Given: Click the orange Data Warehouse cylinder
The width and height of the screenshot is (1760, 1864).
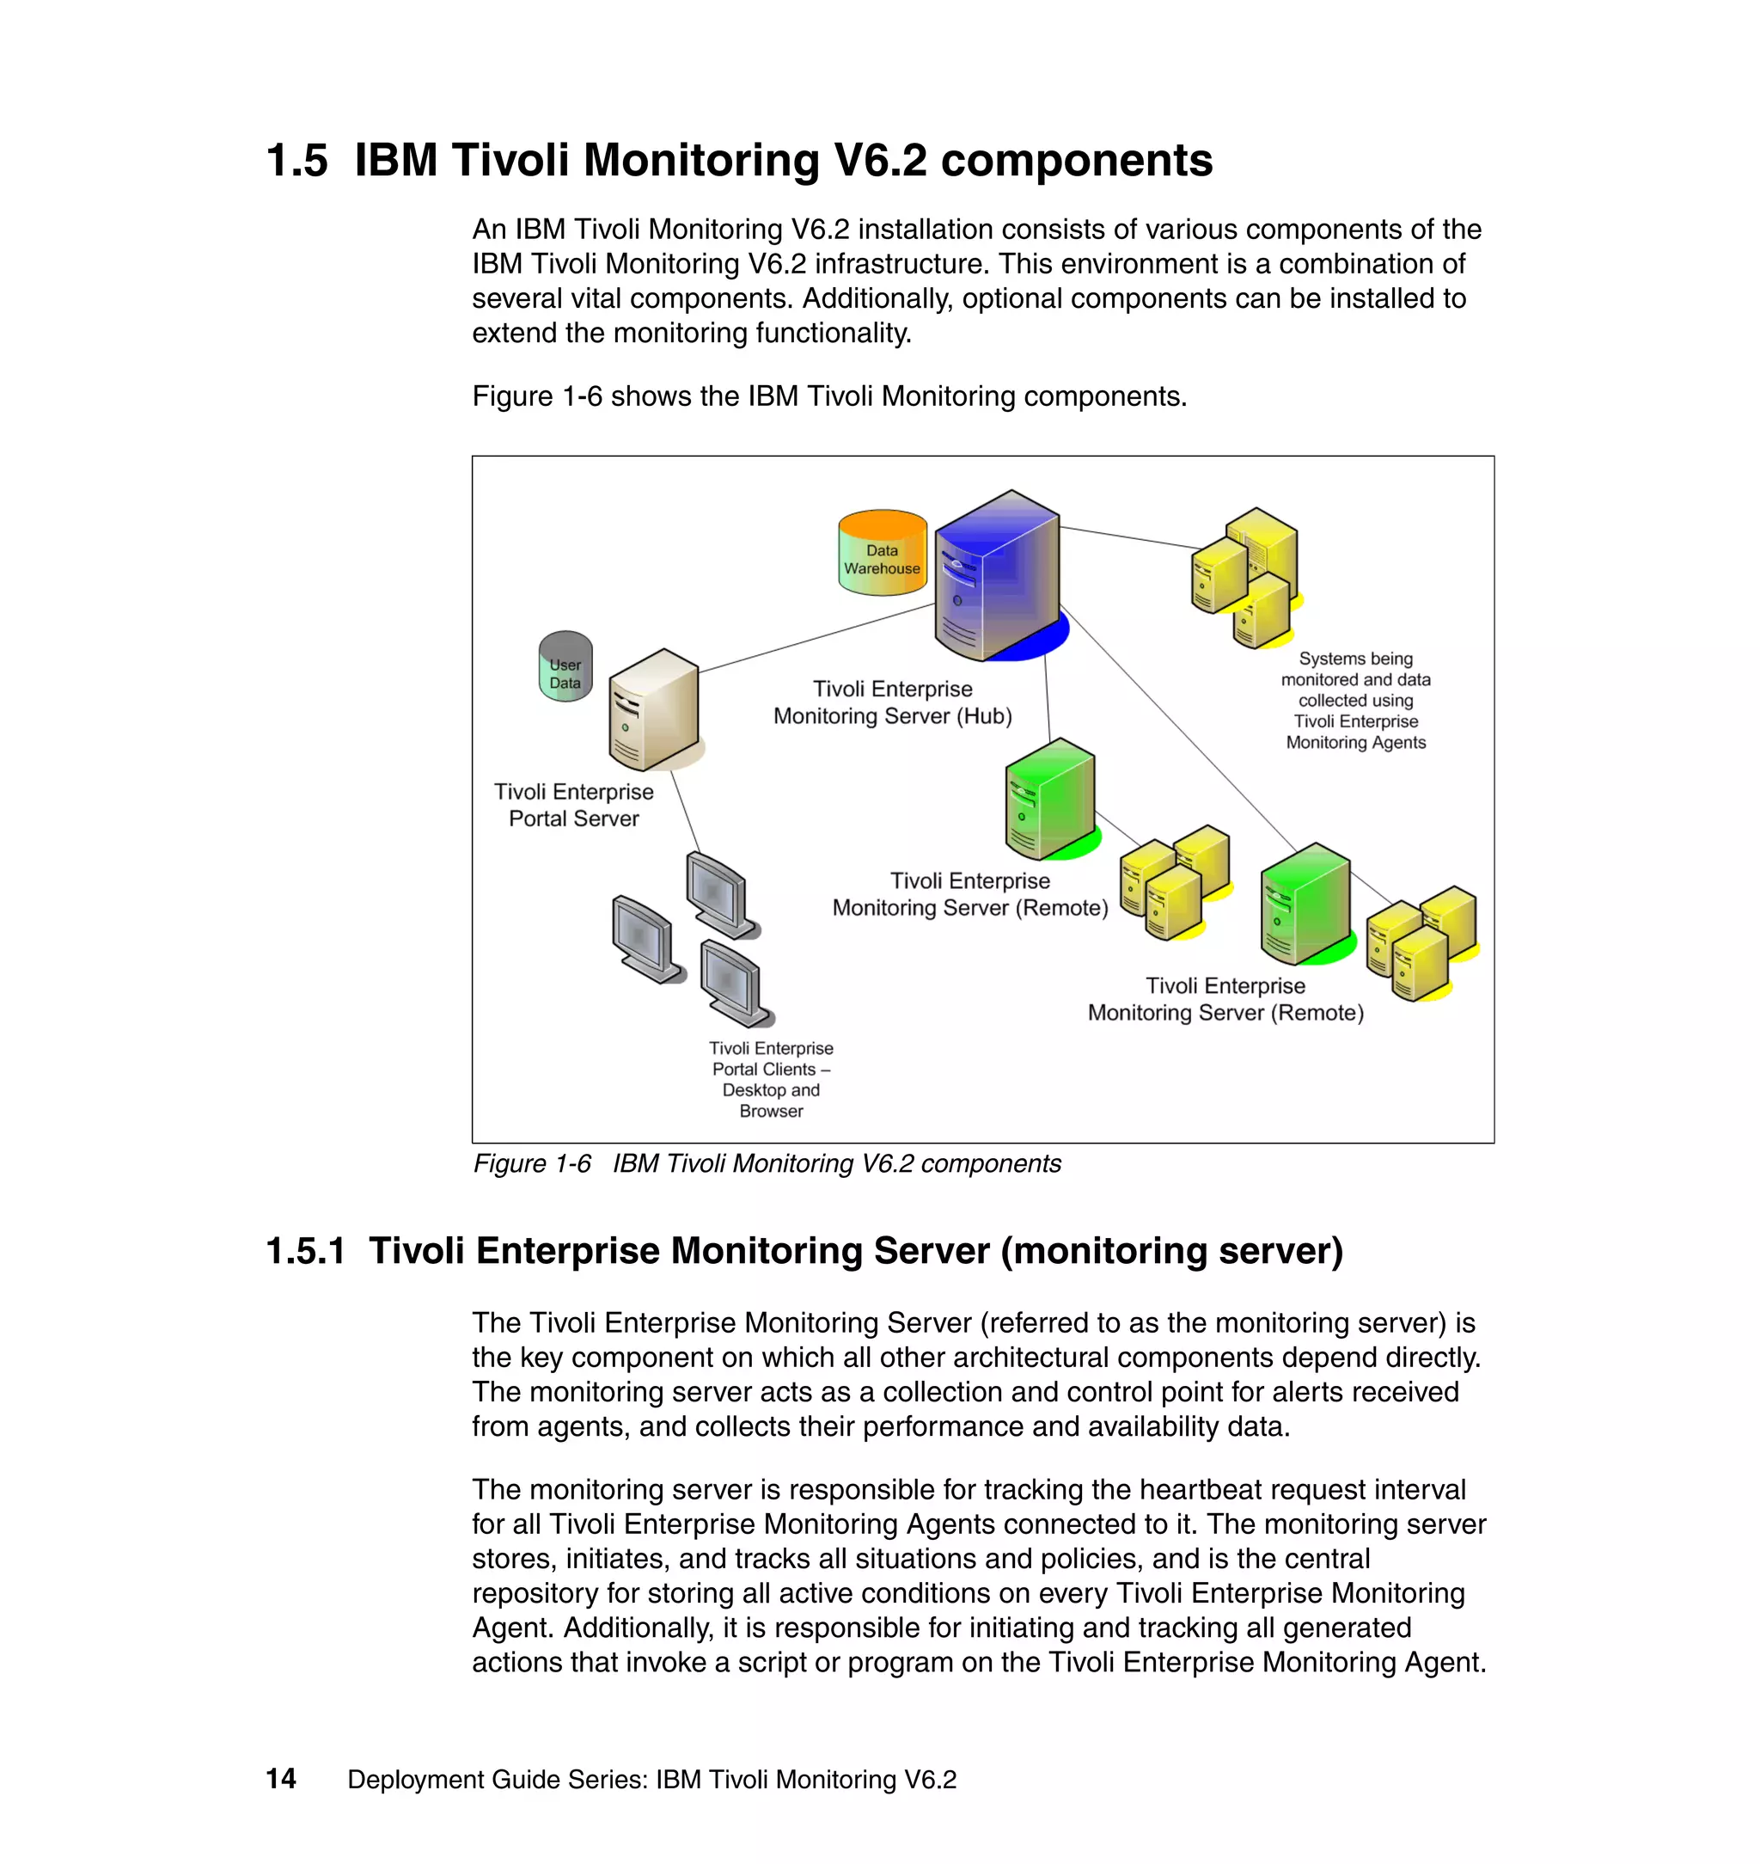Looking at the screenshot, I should point(882,553).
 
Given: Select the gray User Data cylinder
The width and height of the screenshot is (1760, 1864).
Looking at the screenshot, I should point(565,667).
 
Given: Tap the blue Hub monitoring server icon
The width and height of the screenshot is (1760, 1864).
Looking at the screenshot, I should point(996,577).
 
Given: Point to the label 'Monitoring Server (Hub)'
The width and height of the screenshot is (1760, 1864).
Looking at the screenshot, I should point(892,716).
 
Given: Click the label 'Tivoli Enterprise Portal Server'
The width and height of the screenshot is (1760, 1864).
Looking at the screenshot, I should point(573,805).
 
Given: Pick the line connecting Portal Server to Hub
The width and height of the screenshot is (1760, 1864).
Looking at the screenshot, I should point(816,638).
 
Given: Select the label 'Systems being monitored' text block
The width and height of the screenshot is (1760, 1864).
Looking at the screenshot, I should point(1354,700).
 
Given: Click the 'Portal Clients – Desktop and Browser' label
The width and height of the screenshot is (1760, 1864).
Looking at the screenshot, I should point(771,1078).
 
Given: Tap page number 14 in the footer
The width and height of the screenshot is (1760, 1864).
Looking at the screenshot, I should point(280,1779).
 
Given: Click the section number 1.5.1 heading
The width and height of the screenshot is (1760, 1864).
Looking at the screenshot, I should point(306,1250).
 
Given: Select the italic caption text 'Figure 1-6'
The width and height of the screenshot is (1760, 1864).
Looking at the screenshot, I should point(531,1164).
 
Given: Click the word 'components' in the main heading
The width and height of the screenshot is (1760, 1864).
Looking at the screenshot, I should point(1076,161).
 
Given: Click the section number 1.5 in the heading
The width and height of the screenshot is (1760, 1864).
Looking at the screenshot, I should point(296,161).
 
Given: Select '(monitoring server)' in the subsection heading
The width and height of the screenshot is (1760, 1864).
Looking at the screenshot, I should point(1172,1250).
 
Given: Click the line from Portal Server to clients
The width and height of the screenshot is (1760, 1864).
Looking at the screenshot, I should point(685,811).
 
